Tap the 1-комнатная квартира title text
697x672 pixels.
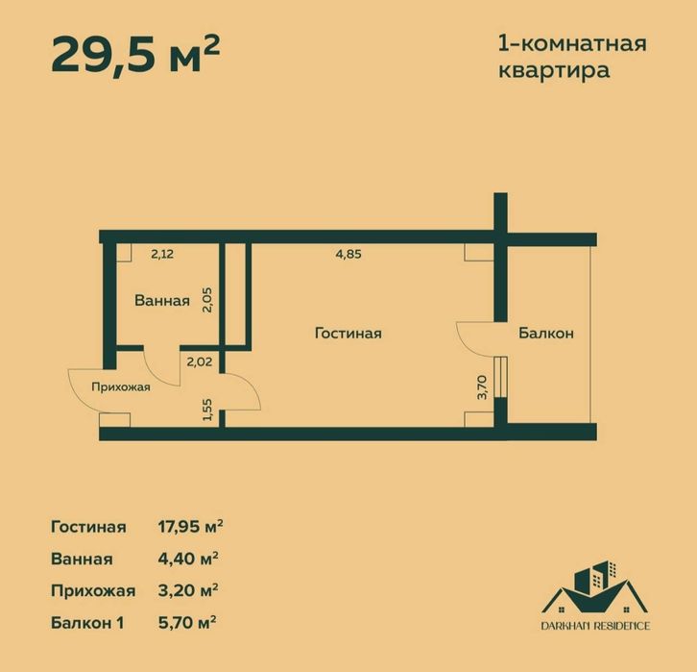pyautogui.click(x=572, y=57)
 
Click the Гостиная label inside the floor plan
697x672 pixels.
pyautogui.click(x=348, y=334)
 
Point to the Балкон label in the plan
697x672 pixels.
pyautogui.click(x=546, y=334)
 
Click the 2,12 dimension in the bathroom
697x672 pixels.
pyautogui.click(x=164, y=255)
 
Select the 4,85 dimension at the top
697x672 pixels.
pyautogui.click(x=349, y=255)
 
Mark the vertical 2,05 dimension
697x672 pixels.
pyautogui.click(x=206, y=301)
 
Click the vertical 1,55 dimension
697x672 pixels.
pyautogui.click(x=206, y=410)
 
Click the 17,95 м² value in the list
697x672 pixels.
pyautogui.click(x=190, y=527)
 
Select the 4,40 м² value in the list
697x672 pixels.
pyautogui.click(x=186, y=559)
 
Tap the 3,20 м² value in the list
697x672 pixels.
pyautogui.click(x=186, y=590)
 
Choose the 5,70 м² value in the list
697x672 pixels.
pyautogui.click(x=186, y=622)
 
